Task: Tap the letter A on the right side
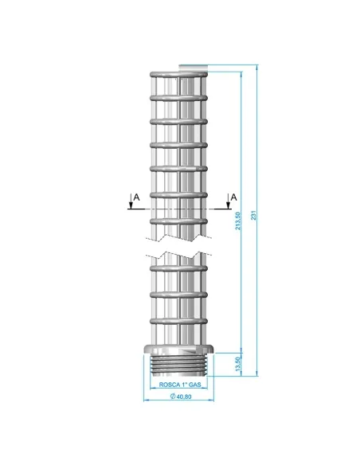pos(233,196)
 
